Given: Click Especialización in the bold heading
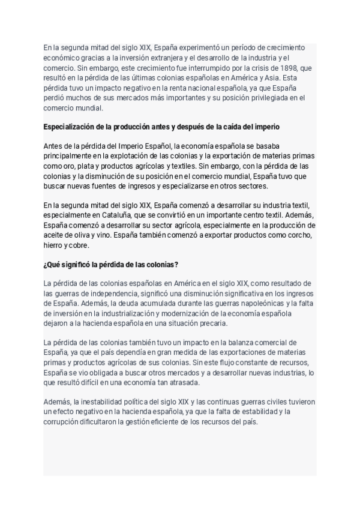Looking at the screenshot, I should (71, 127).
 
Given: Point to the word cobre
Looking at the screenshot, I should (79, 245).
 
